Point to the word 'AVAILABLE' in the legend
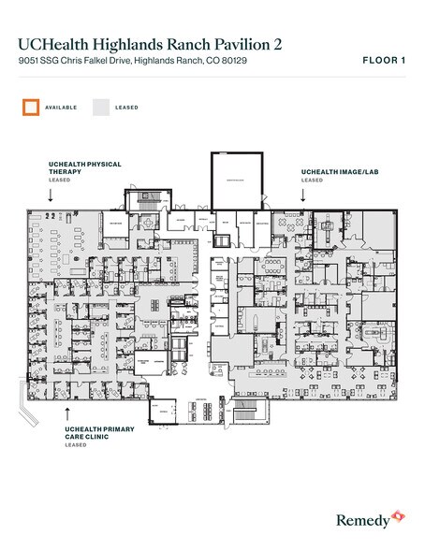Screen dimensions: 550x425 (60, 108)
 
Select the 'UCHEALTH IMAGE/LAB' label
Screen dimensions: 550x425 (338, 172)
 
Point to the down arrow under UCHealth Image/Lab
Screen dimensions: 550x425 (303, 195)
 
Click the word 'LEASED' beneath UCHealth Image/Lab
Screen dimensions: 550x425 (312, 180)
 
